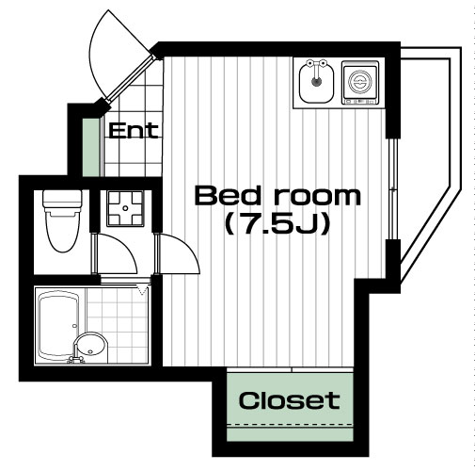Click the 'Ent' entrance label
[134, 131]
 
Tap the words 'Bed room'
[277, 196]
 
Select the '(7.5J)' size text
[277, 224]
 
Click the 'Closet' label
[289, 400]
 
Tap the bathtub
[59, 326]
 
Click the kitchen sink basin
[316, 83]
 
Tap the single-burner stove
[360, 83]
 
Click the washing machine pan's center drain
[125, 208]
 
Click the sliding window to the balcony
[393, 188]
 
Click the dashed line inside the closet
[290, 425]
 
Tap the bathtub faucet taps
[76, 359]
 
